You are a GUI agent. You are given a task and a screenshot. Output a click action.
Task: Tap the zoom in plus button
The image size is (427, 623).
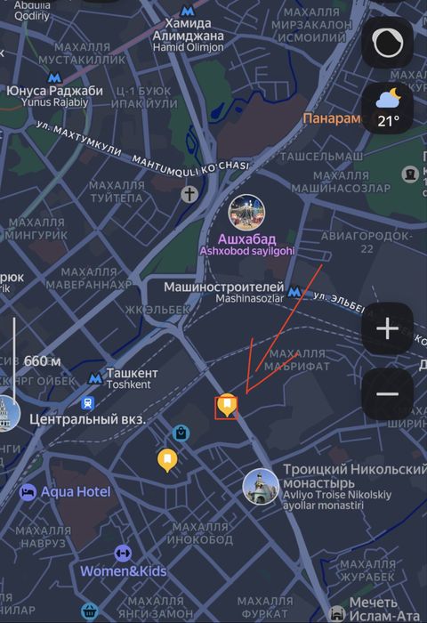[388, 329]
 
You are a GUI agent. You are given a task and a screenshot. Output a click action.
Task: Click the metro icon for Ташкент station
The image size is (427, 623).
[94, 378]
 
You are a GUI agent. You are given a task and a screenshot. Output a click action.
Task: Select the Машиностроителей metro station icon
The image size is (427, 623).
[295, 288]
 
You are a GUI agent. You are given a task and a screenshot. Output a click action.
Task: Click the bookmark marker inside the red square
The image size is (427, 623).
[227, 407]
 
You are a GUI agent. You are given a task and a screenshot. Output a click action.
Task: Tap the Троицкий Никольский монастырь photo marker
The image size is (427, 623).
[260, 486]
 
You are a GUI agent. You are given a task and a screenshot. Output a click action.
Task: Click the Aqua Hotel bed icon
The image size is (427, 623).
[28, 491]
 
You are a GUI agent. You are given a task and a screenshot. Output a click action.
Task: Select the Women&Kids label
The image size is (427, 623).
[125, 570]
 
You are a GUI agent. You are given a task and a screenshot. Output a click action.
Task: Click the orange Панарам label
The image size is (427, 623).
[331, 118]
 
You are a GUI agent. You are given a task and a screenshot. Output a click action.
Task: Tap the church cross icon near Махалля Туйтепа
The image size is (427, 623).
[189, 193]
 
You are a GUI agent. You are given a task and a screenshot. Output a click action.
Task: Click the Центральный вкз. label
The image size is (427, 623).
[87, 418]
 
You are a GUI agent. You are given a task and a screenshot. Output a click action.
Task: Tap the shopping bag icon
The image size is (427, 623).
[181, 433]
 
